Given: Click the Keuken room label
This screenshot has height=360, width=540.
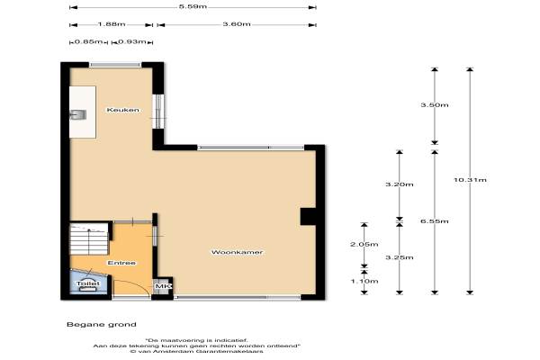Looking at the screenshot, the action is click(123, 110).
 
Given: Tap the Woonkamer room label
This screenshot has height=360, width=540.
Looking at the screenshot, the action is click(237, 252).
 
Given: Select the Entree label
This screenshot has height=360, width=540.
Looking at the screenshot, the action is click(121, 263).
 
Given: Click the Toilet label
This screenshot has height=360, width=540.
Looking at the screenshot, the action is click(88, 283).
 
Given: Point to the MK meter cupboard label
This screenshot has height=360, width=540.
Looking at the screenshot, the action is click(161, 286).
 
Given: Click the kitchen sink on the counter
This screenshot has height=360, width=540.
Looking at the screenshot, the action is click(77, 114).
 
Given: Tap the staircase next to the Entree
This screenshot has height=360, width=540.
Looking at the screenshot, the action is click(89, 239).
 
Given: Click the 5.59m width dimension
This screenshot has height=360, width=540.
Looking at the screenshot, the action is click(193, 6).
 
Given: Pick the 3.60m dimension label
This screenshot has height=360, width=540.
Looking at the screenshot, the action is click(237, 24).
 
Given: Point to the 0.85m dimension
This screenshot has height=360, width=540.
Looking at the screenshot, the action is click(88, 41).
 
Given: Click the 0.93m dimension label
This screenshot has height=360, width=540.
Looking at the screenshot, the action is click(132, 41).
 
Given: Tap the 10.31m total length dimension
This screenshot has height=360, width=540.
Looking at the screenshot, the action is click(470, 180).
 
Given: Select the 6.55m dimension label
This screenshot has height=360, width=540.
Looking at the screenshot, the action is click(435, 221).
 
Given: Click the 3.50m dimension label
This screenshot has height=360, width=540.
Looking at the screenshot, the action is click(435, 105).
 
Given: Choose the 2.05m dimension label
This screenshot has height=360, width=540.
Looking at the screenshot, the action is click(364, 244).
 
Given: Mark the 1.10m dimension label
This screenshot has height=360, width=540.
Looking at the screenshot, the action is click(364, 281).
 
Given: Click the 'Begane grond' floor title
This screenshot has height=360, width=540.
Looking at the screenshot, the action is click(102, 325).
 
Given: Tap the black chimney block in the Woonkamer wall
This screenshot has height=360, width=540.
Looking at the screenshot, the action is click(308, 217).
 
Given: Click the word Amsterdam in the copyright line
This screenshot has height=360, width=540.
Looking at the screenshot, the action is click(175, 351).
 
